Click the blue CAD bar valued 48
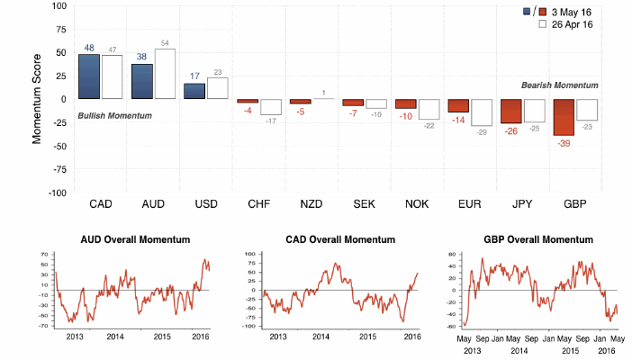point(89,76)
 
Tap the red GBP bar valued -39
point(564,117)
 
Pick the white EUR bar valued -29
point(482,112)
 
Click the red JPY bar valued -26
point(510,111)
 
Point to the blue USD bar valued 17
point(194,91)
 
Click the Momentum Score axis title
point(39,99)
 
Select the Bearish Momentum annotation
point(559,85)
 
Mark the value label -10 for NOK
point(405,116)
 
